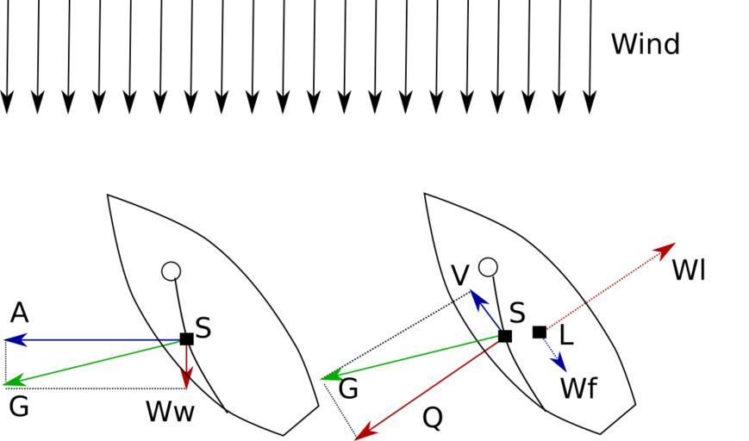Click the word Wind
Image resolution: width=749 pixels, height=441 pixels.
tap(645, 44)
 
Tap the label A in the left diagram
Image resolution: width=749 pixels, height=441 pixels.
tap(19, 313)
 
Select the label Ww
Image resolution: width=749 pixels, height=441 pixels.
tap(170, 412)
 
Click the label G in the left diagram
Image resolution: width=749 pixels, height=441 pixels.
tap(17, 406)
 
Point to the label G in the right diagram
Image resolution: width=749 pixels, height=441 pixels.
tap(348, 389)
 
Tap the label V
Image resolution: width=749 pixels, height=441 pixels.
tap(460, 276)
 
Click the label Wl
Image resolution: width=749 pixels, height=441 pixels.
tap(689, 270)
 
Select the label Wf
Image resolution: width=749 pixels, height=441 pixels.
tap(578, 388)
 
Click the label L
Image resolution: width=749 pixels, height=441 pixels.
tap(566, 336)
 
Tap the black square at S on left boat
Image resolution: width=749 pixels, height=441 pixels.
tap(186, 339)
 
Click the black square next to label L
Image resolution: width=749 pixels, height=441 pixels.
tap(540, 332)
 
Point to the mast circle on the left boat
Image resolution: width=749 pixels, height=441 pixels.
tap(171, 271)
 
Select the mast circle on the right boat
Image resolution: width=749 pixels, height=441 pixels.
tap(488, 267)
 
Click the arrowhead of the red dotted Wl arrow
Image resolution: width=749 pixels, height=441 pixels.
tap(668, 248)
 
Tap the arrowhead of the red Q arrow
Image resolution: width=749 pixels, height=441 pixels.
tap(363, 435)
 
